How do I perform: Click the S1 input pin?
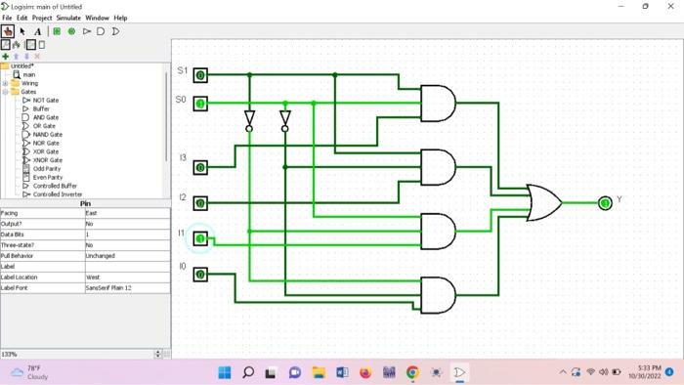click(200, 75)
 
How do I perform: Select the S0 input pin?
click(200, 103)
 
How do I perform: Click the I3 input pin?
click(200, 167)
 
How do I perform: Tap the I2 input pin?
click(200, 203)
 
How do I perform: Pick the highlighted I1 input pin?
click(200, 238)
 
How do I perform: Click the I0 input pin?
click(200, 275)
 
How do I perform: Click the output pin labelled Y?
click(605, 202)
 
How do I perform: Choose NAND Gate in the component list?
click(47, 134)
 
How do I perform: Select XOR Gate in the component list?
click(46, 151)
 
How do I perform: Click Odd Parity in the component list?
click(47, 168)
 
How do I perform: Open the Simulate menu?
click(68, 18)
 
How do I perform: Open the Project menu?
click(42, 18)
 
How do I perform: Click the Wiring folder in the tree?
click(30, 83)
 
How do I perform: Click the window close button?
click(668, 6)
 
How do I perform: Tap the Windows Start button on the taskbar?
click(224, 372)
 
